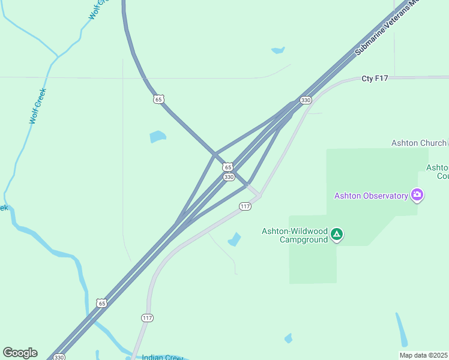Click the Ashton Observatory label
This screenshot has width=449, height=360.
[371, 196]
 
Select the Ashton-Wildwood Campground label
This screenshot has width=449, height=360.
[295, 235]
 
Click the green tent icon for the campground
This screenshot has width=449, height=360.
[337, 235]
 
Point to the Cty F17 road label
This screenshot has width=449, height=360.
[376, 79]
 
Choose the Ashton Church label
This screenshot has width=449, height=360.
[419, 143]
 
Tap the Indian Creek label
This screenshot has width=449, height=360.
[163, 358]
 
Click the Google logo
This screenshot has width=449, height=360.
[20, 353]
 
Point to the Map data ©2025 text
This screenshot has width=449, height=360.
[423, 355]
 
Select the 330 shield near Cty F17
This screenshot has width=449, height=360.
[306, 100]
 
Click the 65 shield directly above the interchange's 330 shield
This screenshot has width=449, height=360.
[228, 167]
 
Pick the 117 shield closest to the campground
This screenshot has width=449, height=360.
[245, 206]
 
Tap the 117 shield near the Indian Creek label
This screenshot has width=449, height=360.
[147, 317]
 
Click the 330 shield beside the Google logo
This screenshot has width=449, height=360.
[59, 357]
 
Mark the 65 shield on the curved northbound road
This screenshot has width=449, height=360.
[158, 99]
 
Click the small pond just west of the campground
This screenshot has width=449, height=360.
[234, 240]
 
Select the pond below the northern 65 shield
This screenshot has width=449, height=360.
[157, 136]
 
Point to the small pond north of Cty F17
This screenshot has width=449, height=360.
[278, 50]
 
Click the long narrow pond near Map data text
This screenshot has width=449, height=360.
[402, 331]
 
